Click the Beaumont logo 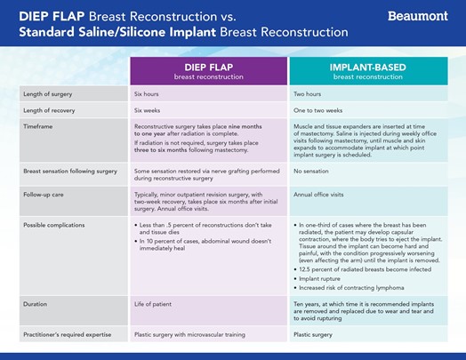pyautogui.click(x=418, y=16)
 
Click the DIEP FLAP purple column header pyautogui.click(x=209, y=71)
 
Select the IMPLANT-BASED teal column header pyautogui.click(x=368, y=71)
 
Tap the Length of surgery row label pyautogui.click(x=47, y=94)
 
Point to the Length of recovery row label pyautogui.click(x=49, y=110)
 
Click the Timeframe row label pyautogui.click(x=37, y=126)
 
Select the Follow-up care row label pyautogui.click(x=44, y=195)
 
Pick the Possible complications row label pyautogui.click(x=53, y=225)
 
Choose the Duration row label pyautogui.click(x=35, y=304)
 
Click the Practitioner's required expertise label pyautogui.click(x=68, y=335)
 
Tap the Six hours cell pyautogui.click(x=146, y=94)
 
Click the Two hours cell pyautogui.click(x=308, y=94)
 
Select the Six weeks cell pyautogui.click(x=147, y=110)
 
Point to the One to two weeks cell pyautogui.click(x=318, y=110)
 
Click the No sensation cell pyautogui.click(x=311, y=172)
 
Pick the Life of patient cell pyautogui.click(x=153, y=304)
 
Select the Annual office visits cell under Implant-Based pyautogui.click(x=318, y=195)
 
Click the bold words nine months pyautogui.click(x=245, y=126)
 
